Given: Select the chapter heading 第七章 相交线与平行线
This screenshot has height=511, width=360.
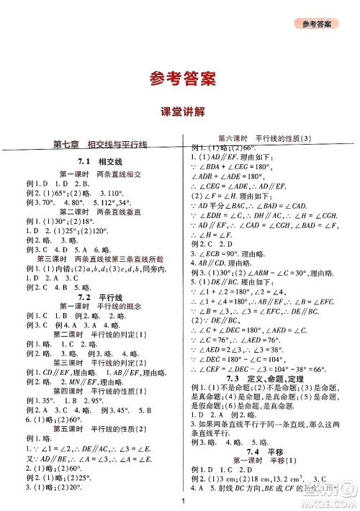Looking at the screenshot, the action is (x=100, y=145).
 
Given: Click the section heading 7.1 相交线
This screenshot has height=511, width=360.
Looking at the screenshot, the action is (x=100, y=161).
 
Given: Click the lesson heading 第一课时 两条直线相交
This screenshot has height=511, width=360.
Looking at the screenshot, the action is (x=100, y=174).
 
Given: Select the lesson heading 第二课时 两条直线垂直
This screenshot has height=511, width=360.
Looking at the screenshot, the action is (x=100, y=213).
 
